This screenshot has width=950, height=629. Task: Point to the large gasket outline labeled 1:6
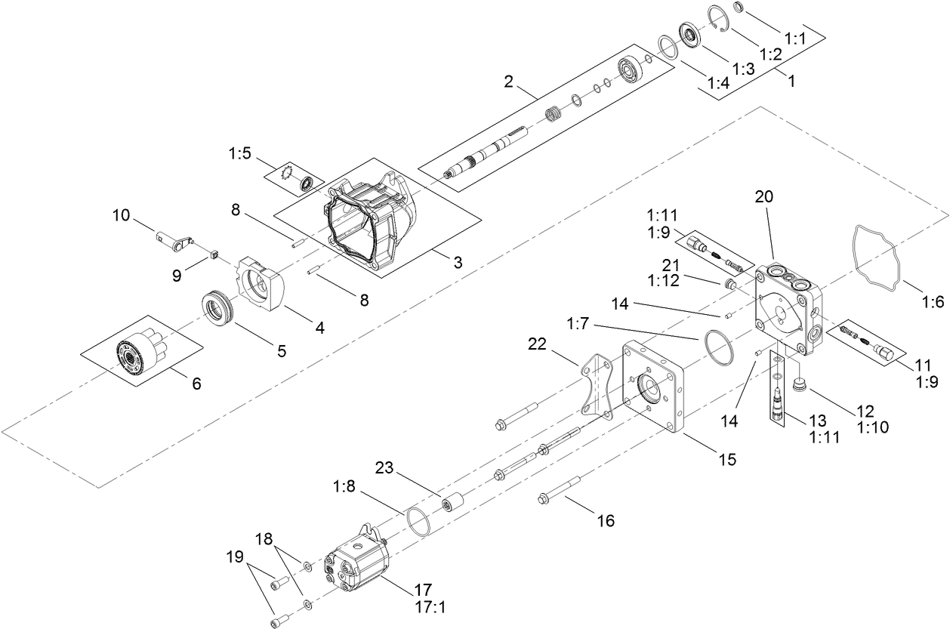pyautogui.click(x=878, y=256)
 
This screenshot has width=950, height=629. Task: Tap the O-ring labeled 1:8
pyautogui.click(x=416, y=522)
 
